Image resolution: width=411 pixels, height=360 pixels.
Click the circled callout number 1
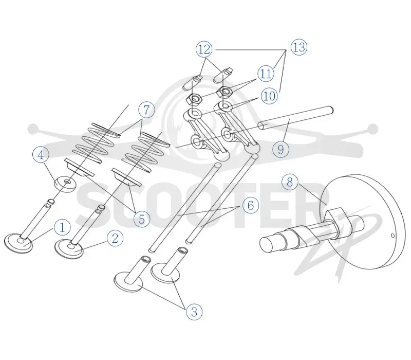62,227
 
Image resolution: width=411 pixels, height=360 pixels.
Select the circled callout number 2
115,238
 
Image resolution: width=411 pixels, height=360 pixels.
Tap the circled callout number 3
194,312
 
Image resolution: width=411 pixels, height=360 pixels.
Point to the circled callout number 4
41,155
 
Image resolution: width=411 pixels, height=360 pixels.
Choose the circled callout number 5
142,219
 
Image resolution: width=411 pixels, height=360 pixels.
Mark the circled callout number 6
251,205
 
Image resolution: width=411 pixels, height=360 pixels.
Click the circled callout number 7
146,110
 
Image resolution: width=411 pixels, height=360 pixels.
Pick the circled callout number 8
290,182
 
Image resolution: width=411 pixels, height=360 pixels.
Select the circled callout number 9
281,149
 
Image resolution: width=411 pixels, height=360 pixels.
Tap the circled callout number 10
269,96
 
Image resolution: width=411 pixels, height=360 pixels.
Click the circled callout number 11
266,74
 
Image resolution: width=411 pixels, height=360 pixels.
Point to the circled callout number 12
204,49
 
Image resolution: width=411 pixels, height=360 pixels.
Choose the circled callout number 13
299,47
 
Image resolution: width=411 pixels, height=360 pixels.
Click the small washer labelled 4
66,184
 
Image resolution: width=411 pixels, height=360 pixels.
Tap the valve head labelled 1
18,243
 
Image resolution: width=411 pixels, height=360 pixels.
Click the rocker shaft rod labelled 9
295,117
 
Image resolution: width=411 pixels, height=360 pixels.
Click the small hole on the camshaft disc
393,236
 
